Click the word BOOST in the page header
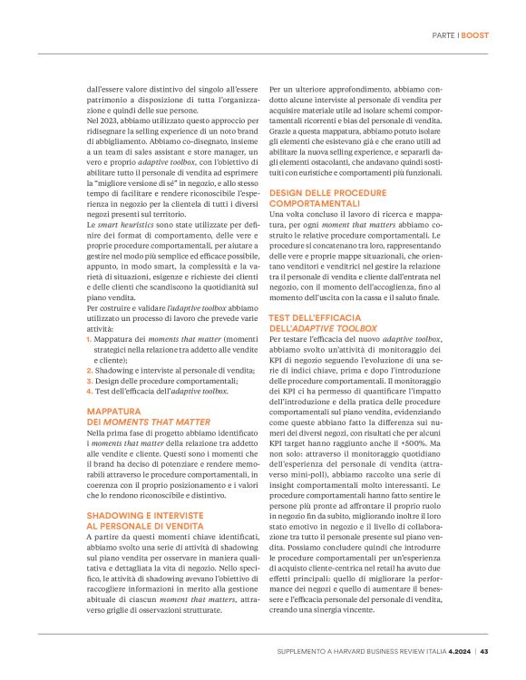pyautogui.click(x=474, y=35)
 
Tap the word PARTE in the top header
pyautogui.click(x=443, y=35)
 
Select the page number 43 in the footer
pyautogui.click(x=485, y=651)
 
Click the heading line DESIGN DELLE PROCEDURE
pyautogui.click(x=326, y=193)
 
